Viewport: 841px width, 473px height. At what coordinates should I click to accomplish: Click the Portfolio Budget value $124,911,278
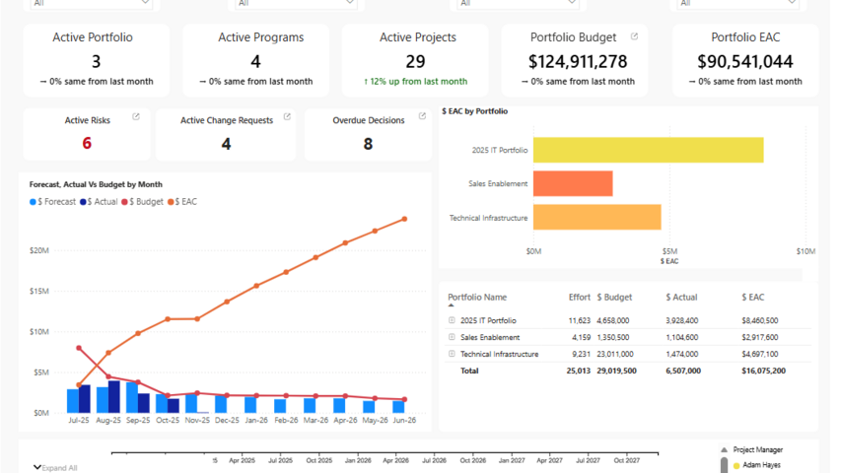pos(578,61)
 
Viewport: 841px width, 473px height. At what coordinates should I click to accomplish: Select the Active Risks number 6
pos(87,143)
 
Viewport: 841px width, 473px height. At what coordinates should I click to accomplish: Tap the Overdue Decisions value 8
pos(368,143)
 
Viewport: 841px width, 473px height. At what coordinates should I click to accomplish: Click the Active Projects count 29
pos(416,61)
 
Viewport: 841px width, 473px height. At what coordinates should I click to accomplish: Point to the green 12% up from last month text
pos(417,82)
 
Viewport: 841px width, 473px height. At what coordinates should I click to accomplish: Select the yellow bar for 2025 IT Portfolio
pos(648,150)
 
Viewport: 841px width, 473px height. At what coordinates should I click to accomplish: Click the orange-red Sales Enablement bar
pos(573,183)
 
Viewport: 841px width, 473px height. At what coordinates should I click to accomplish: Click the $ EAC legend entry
pos(182,201)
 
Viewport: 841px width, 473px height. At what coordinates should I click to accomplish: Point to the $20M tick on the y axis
pos(39,250)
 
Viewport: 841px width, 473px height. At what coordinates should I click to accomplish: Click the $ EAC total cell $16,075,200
pos(763,371)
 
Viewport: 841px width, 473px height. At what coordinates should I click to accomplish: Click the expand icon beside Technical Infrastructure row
pos(452,354)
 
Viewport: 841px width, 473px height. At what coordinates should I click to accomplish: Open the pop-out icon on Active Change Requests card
pos(287,117)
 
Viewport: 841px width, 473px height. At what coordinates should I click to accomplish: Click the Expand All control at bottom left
pos(56,467)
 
